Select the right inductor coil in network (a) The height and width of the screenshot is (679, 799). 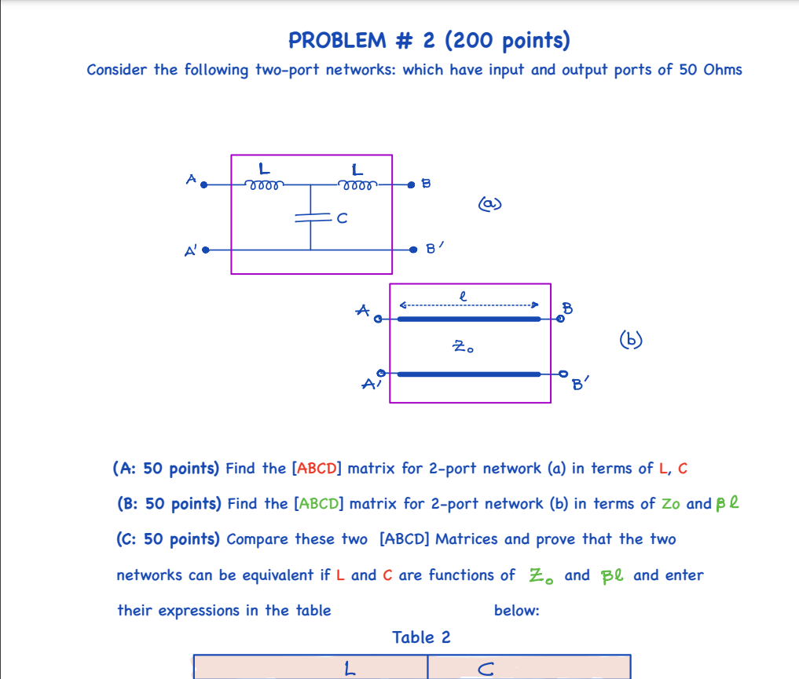tap(358, 186)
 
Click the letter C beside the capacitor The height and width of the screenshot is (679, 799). tap(341, 219)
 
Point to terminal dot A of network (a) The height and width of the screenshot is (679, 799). tap(204, 185)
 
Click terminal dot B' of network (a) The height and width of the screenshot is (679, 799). tap(413, 249)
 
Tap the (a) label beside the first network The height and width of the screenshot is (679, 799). tap(489, 204)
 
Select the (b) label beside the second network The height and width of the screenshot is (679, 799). tap(630, 340)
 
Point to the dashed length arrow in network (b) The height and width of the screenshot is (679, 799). tap(468, 305)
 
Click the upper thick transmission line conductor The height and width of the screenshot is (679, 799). tap(469, 319)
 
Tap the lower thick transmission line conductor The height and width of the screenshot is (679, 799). tap(469, 374)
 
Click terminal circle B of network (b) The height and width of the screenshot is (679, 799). tap(560, 319)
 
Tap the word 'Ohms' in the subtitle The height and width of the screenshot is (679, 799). tap(723, 70)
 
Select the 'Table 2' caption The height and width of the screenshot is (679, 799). tap(422, 637)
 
